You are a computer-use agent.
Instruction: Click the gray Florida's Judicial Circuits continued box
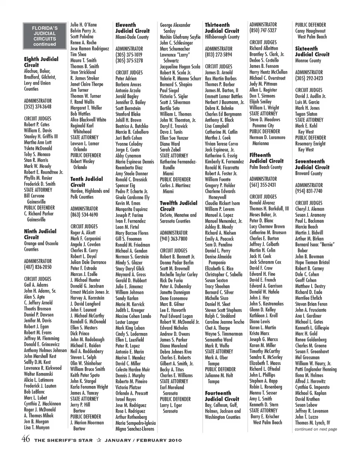pos(44,36)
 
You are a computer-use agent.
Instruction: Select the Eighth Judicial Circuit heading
pos(41,62)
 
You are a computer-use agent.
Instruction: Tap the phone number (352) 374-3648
pos(37,107)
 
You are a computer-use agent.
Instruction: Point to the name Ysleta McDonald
pos(38,148)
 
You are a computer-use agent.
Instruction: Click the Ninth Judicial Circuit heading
pos(40,234)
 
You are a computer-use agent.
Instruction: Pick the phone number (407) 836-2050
pos(37,267)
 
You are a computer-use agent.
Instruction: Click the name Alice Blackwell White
pos(88,120)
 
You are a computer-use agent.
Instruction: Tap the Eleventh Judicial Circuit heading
pos(132,28)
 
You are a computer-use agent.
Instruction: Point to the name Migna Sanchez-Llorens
pos(135,429)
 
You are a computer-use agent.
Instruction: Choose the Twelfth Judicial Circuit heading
pos(178,206)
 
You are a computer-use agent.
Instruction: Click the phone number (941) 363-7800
pos(174,238)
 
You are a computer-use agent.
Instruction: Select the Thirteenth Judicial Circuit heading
pos(222,28)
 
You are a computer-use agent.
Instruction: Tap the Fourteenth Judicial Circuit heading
pos(222,396)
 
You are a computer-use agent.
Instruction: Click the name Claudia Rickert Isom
pos(222,203)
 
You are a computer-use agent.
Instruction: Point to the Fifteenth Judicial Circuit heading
pos(266,158)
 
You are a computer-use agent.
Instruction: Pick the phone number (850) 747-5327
pos(263,30)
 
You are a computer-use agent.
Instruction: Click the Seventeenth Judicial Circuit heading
pos(312,164)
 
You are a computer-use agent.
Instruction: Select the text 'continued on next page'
pos(316,429)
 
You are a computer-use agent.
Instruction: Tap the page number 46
pos(26,439)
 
